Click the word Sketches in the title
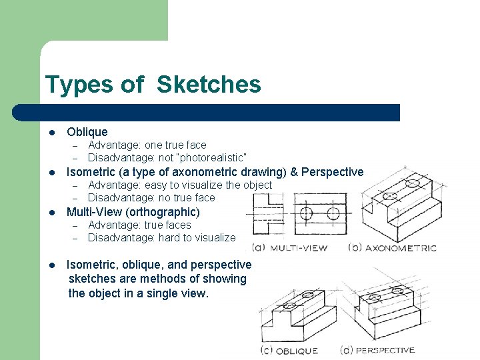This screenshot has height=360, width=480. coord(209,85)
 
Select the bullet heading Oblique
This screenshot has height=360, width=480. coord(87,132)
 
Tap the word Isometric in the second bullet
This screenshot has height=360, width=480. coord(93,172)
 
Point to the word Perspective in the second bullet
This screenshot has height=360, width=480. coord(332,172)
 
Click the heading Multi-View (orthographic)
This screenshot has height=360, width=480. coord(133,212)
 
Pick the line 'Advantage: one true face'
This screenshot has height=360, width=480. coord(147,145)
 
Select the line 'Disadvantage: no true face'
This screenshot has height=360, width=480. coord(151,197)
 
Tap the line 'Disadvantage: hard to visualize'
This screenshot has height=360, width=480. coord(161,237)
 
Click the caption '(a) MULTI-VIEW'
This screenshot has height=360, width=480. coord(289,248)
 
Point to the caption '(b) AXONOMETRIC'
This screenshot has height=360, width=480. coord(392,248)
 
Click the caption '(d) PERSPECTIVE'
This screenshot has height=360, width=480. coord(377,350)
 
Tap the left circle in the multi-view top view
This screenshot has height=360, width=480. coord(306,213)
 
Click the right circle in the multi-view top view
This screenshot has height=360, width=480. coord(333,213)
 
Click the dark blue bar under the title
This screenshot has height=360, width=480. coord(220,112)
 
